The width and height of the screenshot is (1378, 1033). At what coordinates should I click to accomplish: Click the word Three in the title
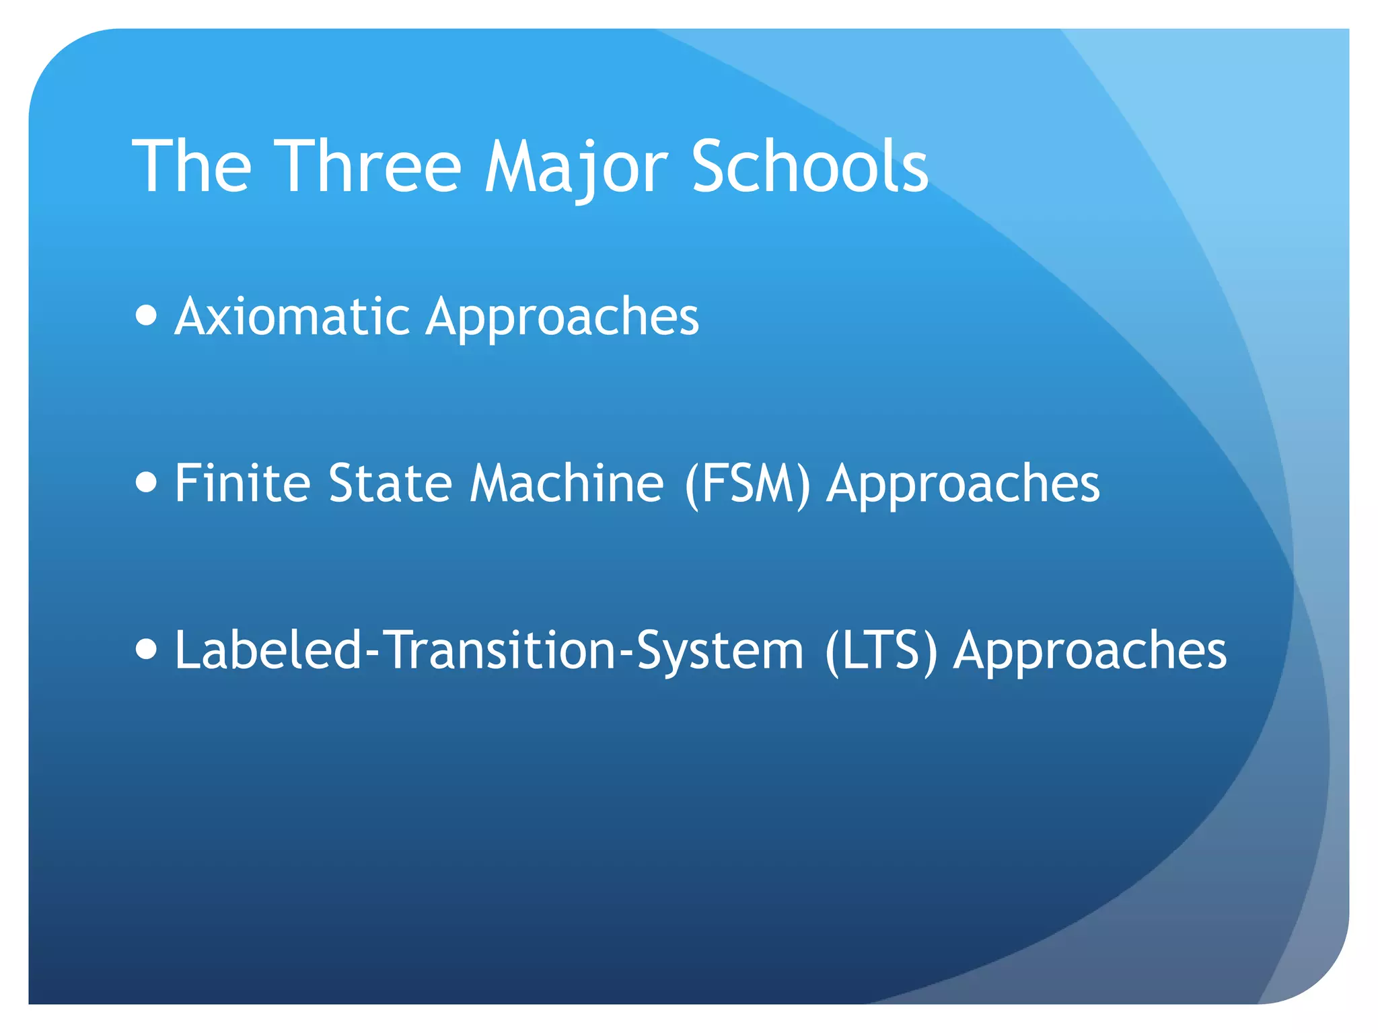369,166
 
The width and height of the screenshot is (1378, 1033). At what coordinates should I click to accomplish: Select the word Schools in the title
810,166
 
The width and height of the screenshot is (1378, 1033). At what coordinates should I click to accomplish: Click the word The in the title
192,166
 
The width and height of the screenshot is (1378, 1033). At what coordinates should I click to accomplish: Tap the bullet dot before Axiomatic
146,315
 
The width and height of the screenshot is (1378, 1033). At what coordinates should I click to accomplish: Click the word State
390,483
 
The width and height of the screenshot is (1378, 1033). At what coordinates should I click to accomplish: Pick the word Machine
567,483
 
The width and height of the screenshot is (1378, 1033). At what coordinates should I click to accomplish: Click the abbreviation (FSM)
747,484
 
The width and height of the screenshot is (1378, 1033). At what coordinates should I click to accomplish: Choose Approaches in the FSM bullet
963,483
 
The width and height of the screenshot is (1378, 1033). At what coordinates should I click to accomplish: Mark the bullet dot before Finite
146,482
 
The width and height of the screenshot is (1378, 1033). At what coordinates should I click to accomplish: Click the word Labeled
268,650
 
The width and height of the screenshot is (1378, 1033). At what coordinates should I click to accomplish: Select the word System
720,651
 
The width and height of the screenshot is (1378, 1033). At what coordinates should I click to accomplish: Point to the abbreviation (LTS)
881,651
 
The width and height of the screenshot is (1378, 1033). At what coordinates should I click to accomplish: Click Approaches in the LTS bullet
1090,650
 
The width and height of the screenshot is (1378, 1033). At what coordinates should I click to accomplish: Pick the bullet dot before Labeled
146,648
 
